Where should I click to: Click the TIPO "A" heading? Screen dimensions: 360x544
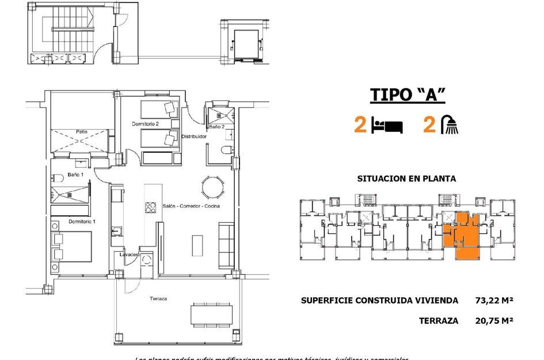click(408, 95)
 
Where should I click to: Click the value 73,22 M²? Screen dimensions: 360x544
click(494, 300)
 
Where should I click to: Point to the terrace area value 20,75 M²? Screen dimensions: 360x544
click(494, 321)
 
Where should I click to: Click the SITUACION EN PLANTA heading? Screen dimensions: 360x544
click(406, 179)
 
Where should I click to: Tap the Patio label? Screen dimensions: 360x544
click(82, 132)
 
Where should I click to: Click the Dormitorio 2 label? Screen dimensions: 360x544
click(145, 124)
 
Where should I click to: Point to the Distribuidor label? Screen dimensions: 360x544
click(194, 137)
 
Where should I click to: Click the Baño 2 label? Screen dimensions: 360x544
click(216, 126)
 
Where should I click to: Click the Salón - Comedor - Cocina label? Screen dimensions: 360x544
click(191, 206)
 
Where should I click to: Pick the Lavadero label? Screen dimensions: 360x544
click(130, 255)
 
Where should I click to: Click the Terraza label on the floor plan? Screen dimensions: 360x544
click(158, 299)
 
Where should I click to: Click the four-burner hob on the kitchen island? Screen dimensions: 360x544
click(150, 207)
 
